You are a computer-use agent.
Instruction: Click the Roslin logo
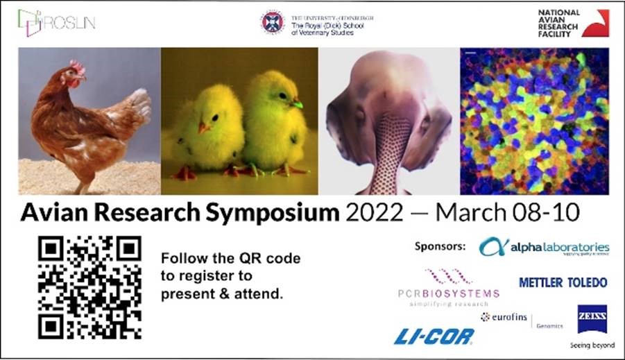[x=57, y=21]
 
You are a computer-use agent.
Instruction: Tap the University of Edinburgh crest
[x=273, y=22]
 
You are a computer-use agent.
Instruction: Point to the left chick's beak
[x=204, y=128]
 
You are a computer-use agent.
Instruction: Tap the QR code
[x=89, y=287]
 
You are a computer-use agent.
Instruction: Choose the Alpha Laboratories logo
[x=545, y=248]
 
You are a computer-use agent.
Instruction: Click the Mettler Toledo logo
[x=563, y=282]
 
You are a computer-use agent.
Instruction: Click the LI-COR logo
[x=434, y=336]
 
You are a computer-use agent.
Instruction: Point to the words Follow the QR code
[x=230, y=259]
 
